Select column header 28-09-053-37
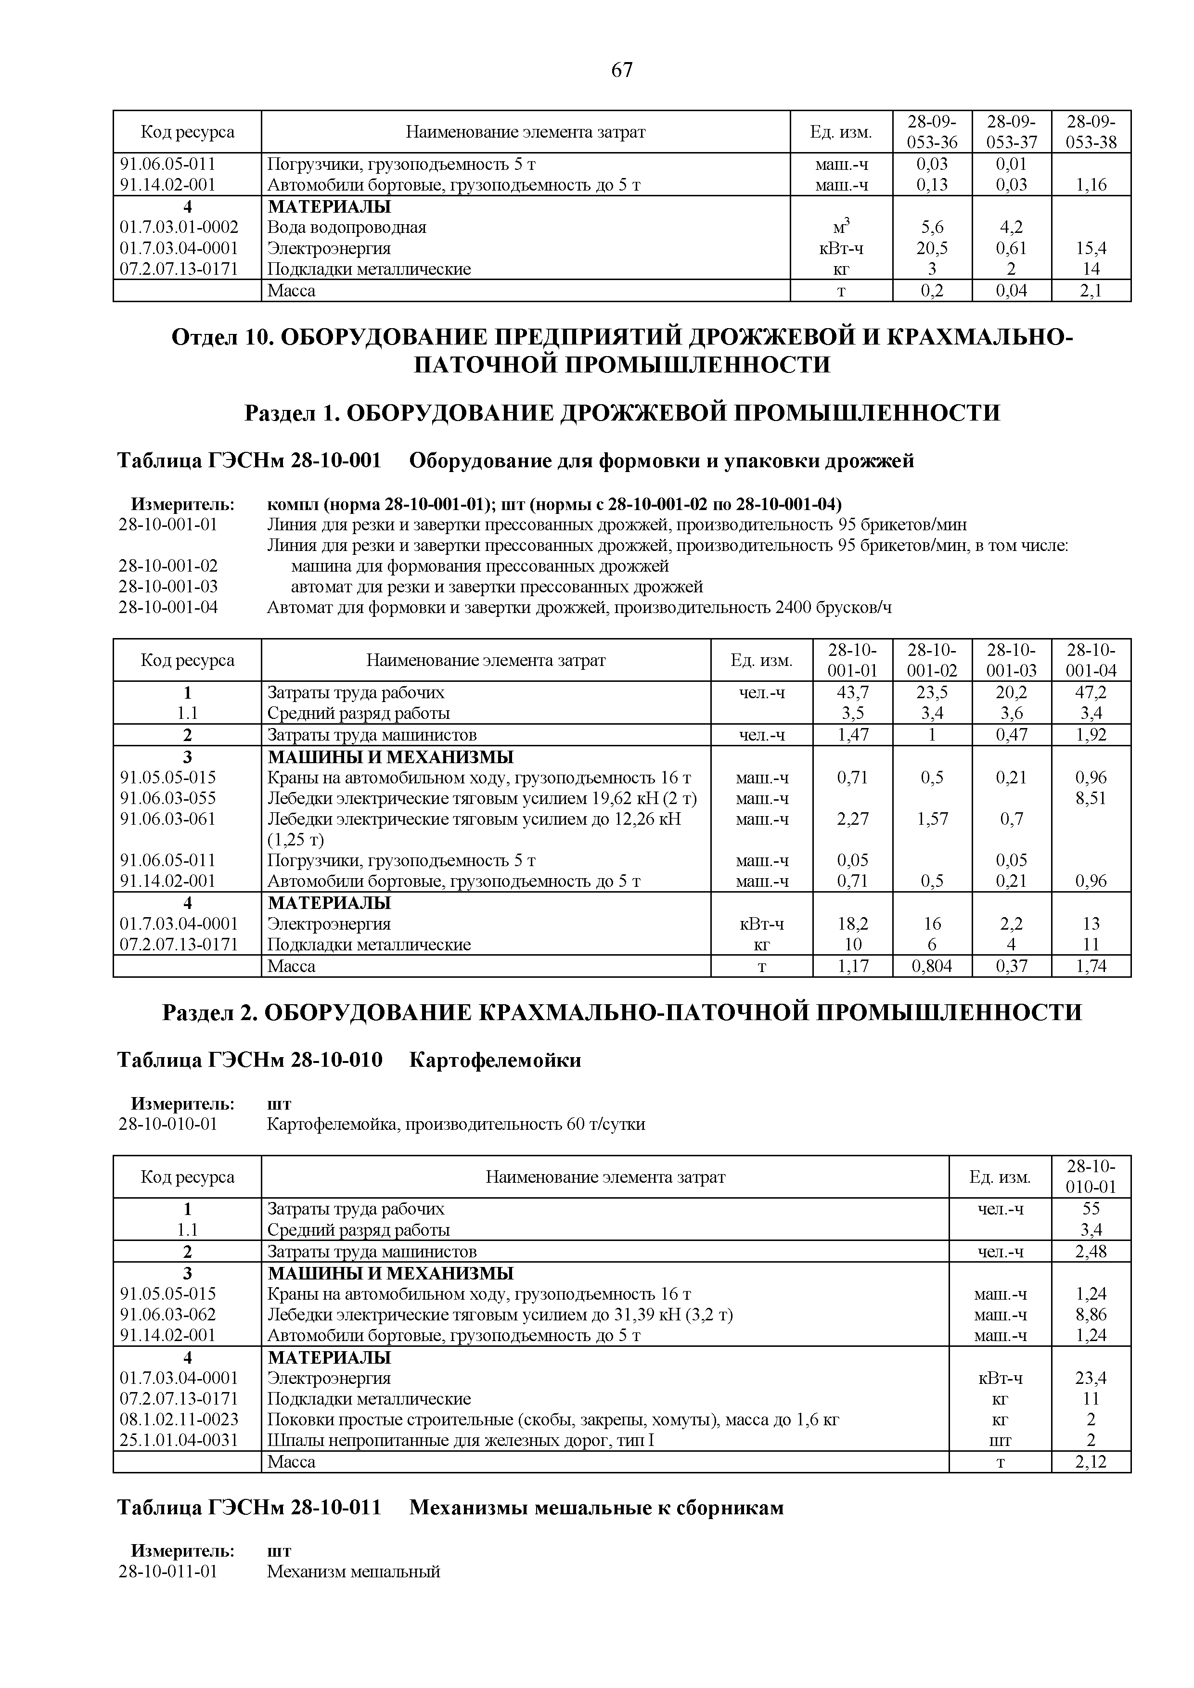pos(1011,131)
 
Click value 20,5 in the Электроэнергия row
pos(932,248)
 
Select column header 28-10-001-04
pos(1091,660)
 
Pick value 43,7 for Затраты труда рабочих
pos(852,692)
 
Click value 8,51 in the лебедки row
pos(1091,798)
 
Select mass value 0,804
pos(932,966)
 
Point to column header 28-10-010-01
pos(1091,1177)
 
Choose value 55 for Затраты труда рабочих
pos(1091,1209)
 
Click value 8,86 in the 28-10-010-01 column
pos(1091,1315)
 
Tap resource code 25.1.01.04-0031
pos(179,1440)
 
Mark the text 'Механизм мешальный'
pos(353,1573)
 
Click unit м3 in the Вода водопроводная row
pos(841,227)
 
